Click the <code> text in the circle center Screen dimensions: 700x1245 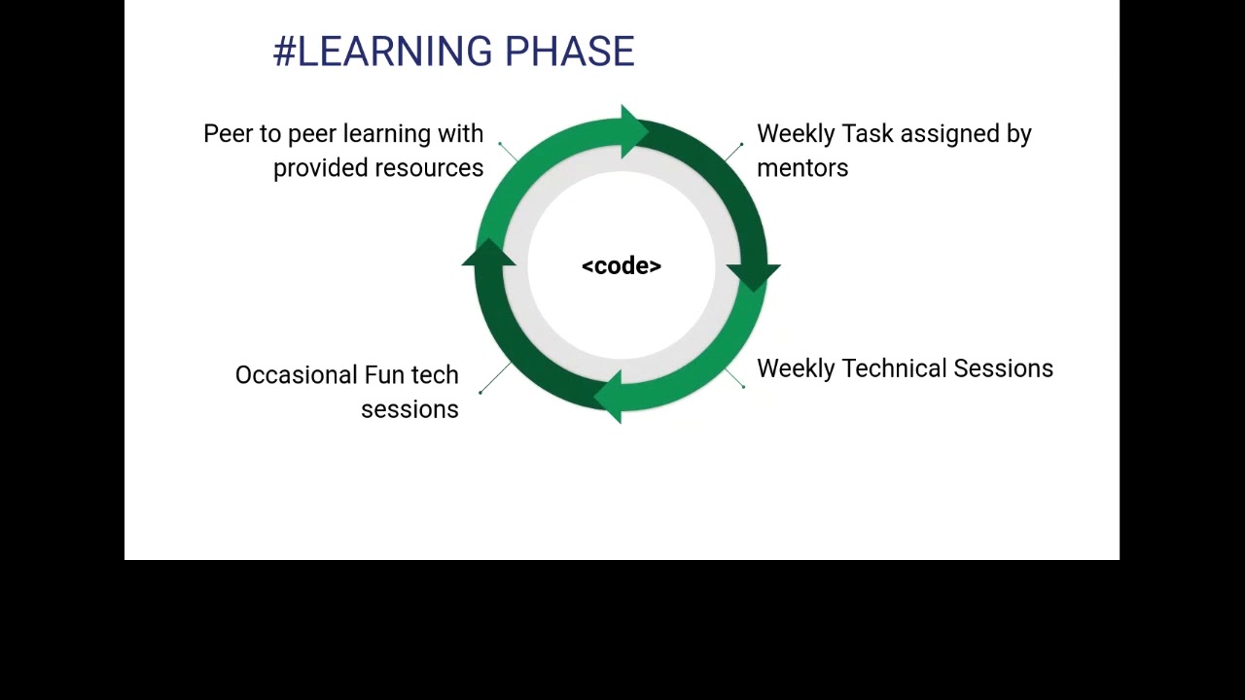coord(621,266)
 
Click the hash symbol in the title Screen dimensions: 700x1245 coord(284,52)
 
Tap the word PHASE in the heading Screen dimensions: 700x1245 coord(569,52)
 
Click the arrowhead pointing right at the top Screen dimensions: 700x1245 coord(633,130)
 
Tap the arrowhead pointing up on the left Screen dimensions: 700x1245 coord(488,255)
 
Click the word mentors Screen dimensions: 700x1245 coord(802,168)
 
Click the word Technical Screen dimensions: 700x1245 coord(894,368)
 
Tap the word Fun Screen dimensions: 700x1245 coord(384,375)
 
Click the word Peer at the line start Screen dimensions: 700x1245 coord(228,134)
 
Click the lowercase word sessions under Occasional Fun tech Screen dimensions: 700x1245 coord(409,409)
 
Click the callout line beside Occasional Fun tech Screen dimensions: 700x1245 coord(495,377)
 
